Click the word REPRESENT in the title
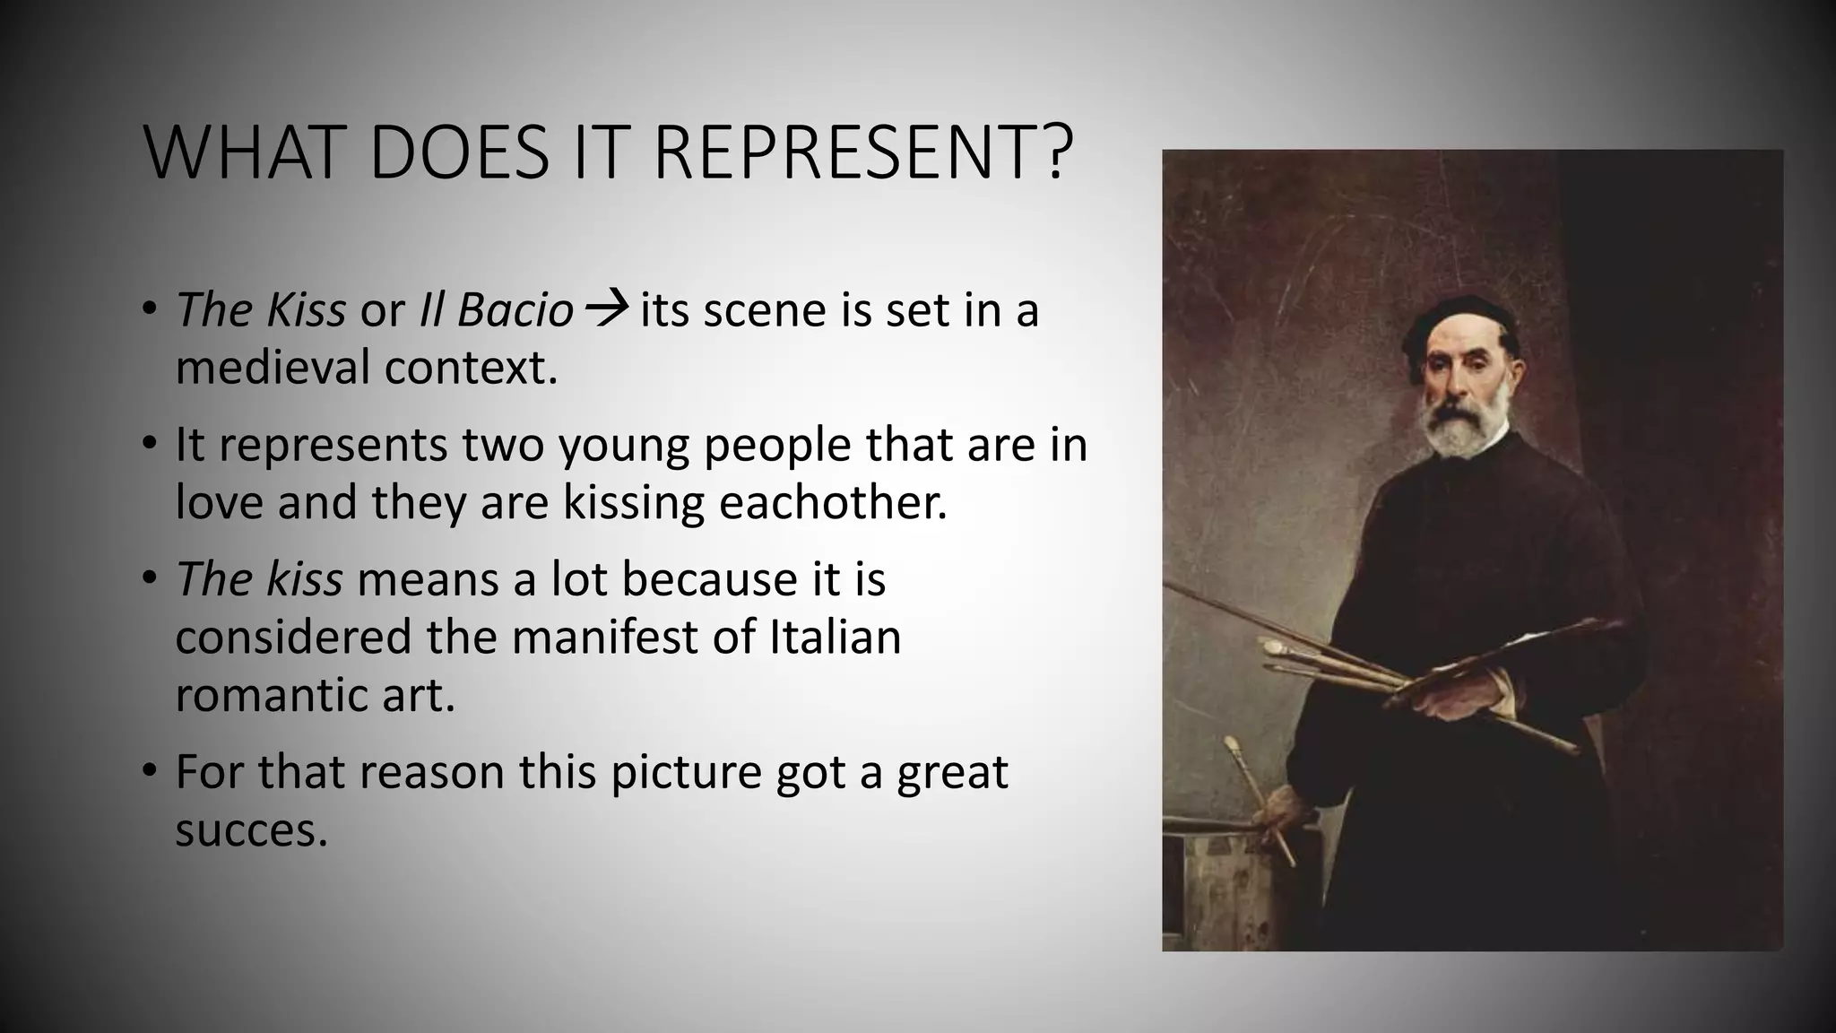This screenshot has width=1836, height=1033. pos(846,154)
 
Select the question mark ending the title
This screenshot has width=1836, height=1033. pos(1057,154)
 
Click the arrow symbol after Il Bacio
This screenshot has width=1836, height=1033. pos(606,311)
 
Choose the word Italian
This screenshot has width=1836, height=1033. pos(835,637)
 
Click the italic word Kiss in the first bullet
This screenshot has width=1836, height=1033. pos(305,310)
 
